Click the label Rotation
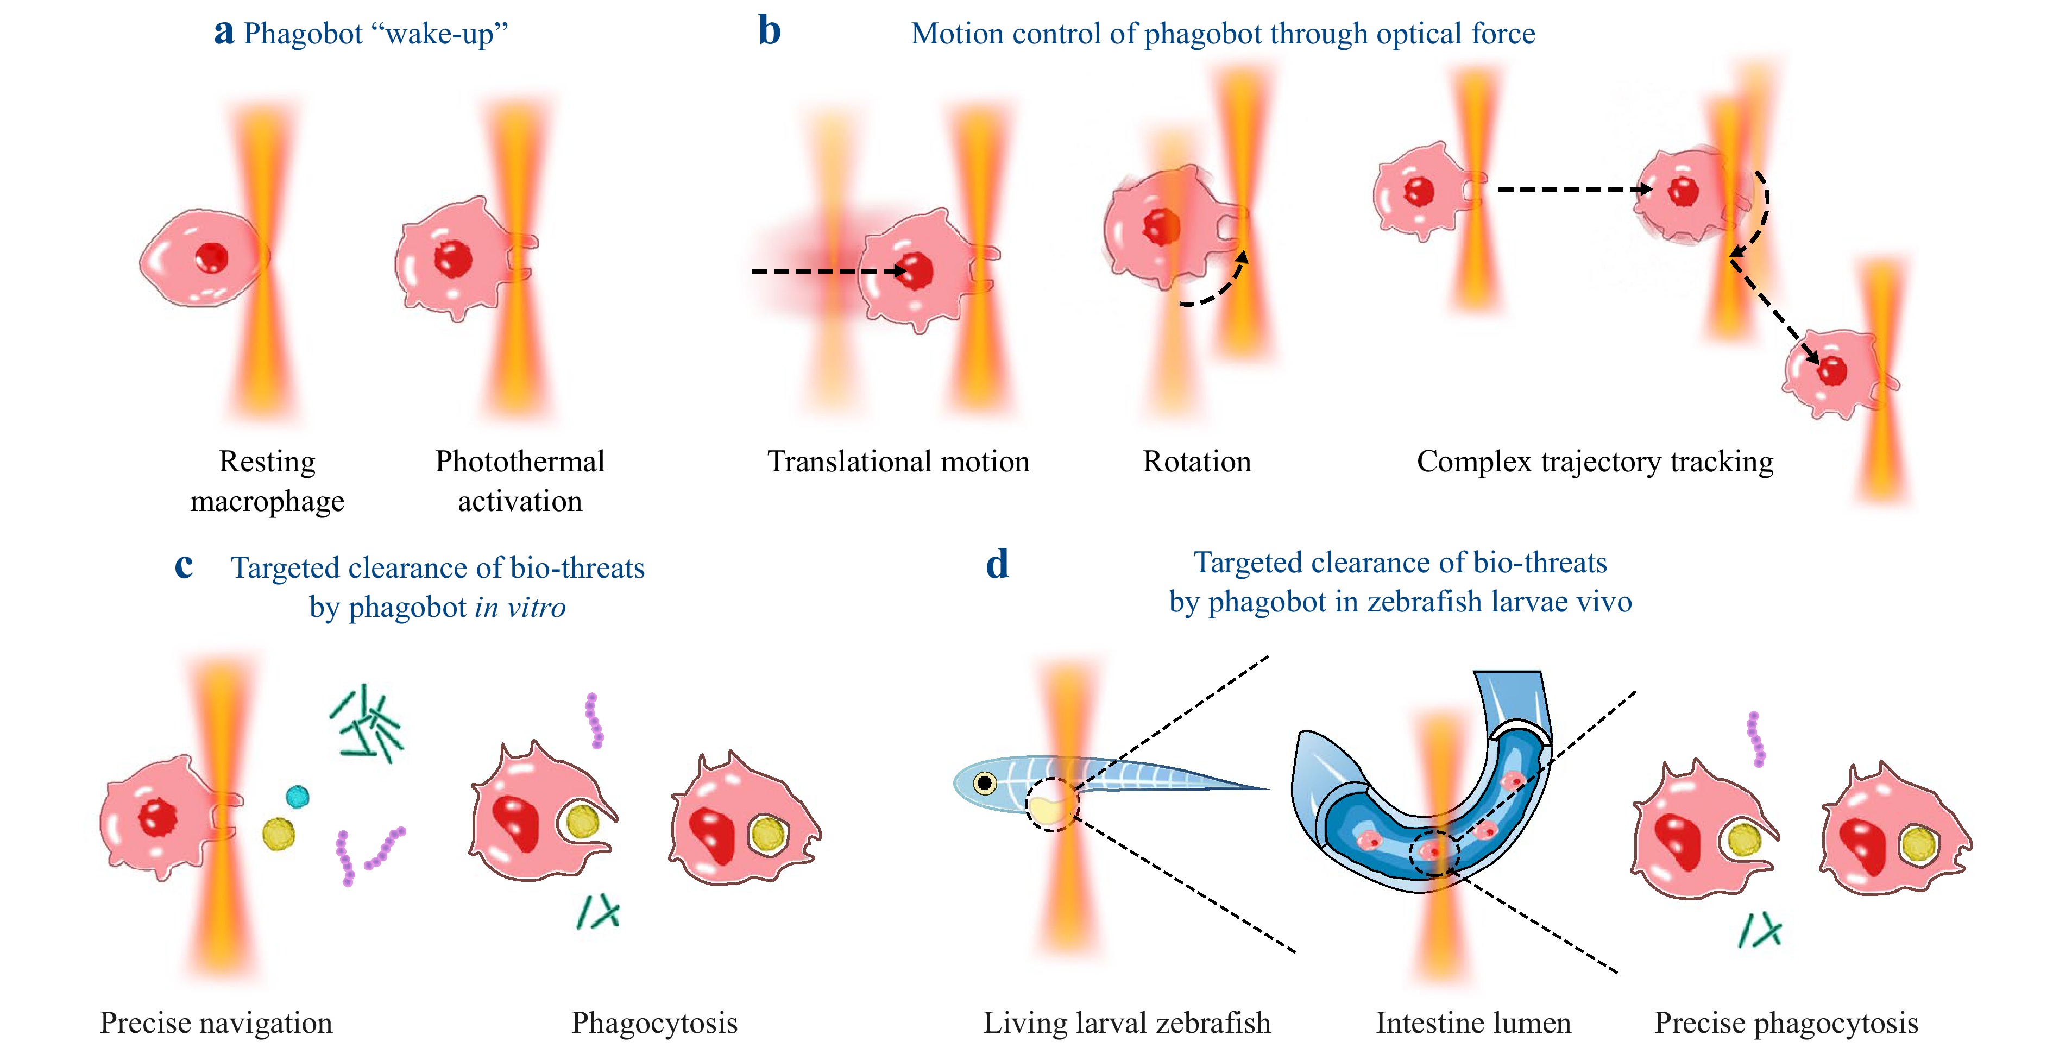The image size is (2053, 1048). (x=1196, y=462)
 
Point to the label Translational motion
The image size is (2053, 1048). (x=898, y=462)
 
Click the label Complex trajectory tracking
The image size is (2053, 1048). (x=1595, y=462)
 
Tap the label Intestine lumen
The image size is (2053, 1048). (x=1473, y=1022)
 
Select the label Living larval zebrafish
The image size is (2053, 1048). (x=1126, y=1022)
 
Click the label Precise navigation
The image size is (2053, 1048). (x=216, y=1022)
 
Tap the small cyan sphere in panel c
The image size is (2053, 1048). (x=297, y=796)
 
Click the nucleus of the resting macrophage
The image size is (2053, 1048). (x=212, y=257)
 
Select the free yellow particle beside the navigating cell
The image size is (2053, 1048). (x=278, y=834)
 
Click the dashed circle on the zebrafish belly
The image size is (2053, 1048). (x=1051, y=805)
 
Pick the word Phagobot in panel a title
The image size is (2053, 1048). (x=303, y=34)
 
